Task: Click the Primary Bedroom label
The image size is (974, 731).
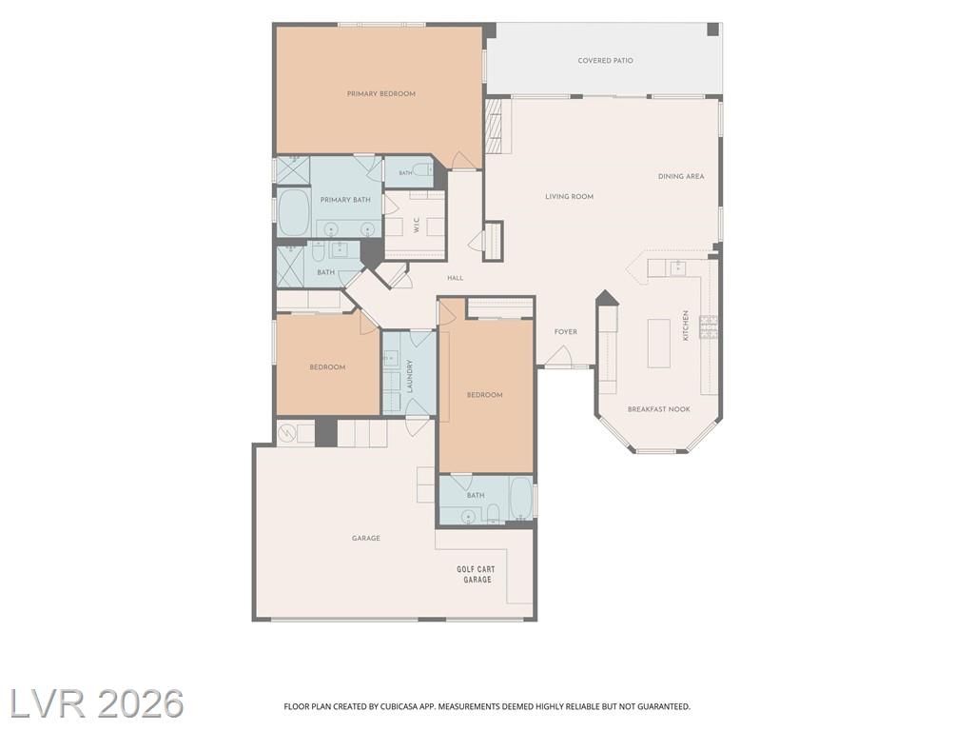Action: point(380,94)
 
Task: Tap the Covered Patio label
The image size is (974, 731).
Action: point(606,61)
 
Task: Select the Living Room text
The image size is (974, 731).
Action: point(570,196)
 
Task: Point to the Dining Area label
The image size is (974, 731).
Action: point(681,176)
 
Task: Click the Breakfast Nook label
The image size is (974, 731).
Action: point(659,409)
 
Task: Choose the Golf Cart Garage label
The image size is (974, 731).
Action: point(477,574)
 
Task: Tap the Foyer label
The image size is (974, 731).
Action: point(566,332)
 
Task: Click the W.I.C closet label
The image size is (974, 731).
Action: point(417,225)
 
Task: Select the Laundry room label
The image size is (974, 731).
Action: point(410,377)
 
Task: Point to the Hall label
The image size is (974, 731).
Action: point(456,278)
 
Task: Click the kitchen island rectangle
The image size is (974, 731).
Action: point(659,343)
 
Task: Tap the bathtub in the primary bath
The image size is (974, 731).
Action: point(295,212)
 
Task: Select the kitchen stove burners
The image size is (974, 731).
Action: point(709,327)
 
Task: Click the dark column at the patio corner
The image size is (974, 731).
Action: point(713,30)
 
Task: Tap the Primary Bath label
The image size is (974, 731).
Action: point(345,200)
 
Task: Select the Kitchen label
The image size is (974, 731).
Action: point(686,326)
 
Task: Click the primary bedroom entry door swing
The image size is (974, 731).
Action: point(462,160)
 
